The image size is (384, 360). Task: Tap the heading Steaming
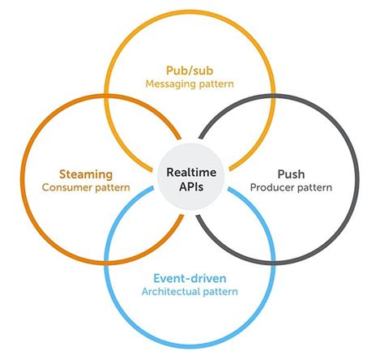click(86, 174)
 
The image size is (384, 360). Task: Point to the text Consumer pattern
click(86, 188)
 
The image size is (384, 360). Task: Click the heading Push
click(289, 174)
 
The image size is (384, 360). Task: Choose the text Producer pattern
click(289, 188)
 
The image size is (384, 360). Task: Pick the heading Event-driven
click(192, 276)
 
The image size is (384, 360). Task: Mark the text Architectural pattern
click(192, 291)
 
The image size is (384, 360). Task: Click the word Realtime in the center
click(192, 173)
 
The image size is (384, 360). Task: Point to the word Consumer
click(66, 188)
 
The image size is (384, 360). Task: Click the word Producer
click(271, 188)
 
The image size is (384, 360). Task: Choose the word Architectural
click(173, 291)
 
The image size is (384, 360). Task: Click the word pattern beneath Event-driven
click(223, 291)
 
